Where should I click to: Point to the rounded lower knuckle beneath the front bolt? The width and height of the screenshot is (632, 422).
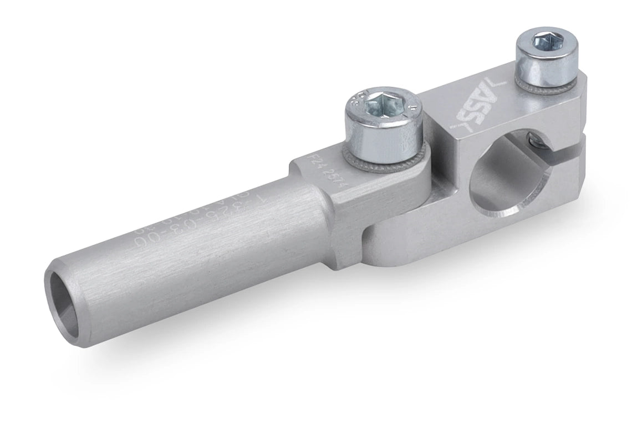(x=388, y=244)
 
